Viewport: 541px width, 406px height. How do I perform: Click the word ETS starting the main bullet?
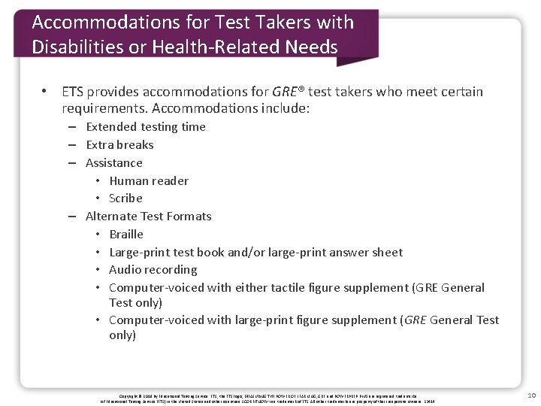point(73,92)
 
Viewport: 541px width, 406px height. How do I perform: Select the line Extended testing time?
point(145,126)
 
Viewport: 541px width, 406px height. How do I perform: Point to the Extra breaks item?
point(119,144)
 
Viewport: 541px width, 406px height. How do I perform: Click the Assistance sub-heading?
point(113,162)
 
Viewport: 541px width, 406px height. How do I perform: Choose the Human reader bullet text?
point(149,180)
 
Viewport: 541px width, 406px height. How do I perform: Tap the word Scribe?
point(125,198)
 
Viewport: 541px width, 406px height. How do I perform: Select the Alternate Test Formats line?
point(148,216)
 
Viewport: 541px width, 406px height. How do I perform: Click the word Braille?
point(126,234)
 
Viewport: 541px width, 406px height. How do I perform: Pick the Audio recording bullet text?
point(153,269)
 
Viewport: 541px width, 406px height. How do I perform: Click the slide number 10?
point(531,395)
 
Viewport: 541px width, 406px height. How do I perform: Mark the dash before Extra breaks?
point(72,145)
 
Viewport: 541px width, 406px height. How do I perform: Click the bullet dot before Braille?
point(99,235)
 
